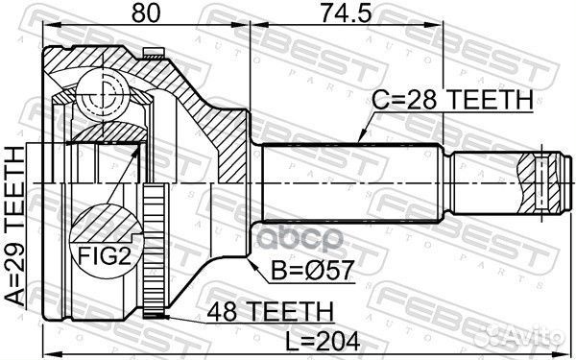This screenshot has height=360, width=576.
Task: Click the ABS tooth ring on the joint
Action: click(x=152, y=251)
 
